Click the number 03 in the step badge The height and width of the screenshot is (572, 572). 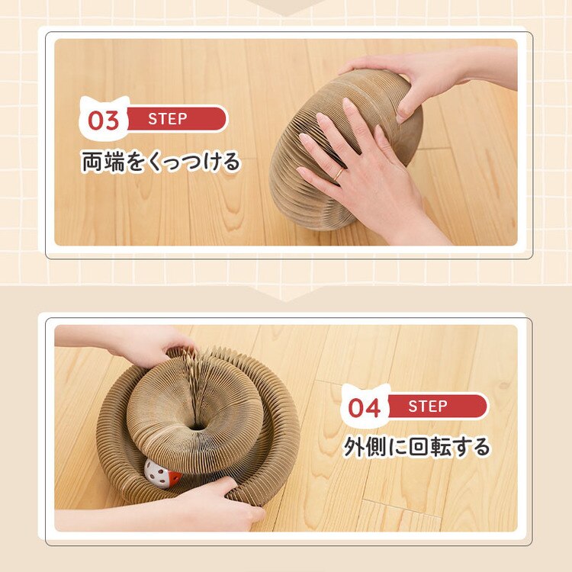point(104,121)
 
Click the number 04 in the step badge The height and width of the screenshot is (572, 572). point(365,407)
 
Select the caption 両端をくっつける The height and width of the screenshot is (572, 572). point(160,162)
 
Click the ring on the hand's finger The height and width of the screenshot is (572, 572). point(339,175)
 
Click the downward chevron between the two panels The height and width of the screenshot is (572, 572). point(286,294)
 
